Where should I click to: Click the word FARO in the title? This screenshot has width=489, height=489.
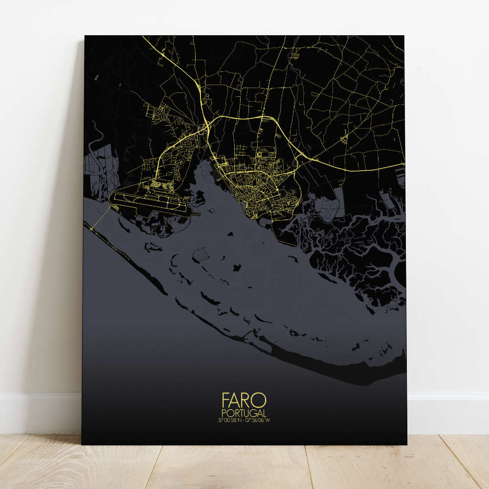click(x=244, y=400)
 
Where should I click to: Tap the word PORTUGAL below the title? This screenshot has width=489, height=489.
click(x=244, y=413)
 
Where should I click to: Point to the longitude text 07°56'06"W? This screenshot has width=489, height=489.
click(x=258, y=420)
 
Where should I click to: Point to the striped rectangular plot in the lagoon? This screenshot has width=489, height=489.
click(x=200, y=254)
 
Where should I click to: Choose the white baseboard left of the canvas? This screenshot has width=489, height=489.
click(x=39, y=411)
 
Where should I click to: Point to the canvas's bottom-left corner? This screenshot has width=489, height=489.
click(x=82, y=444)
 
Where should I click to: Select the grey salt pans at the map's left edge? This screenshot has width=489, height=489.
click(x=100, y=169)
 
